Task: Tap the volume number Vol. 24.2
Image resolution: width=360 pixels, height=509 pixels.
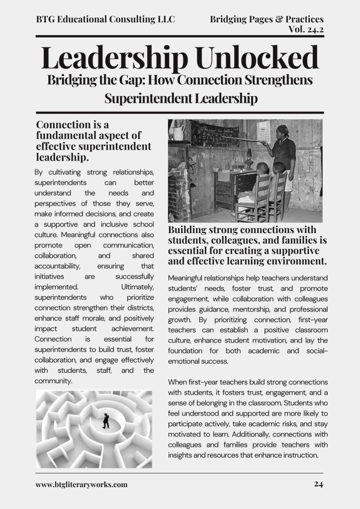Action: click(x=306, y=29)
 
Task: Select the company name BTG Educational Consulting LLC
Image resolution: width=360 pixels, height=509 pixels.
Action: click(x=105, y=19)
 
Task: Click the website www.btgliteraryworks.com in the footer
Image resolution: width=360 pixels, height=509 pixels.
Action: click(x=82, y=484)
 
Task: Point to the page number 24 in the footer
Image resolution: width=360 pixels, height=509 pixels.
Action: click(x=319, y=484)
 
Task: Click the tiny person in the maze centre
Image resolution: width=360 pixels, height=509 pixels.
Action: click(x=106, y=421)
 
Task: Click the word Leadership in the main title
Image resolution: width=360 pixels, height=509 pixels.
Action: click(x=114, y=58)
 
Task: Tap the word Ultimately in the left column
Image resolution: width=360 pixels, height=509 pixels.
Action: click(x=138, y=287)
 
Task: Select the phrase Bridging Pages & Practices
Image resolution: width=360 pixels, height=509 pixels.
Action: click(x=267, y=19)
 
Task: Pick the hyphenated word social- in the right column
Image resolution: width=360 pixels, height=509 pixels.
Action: click(x=312, y=351)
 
